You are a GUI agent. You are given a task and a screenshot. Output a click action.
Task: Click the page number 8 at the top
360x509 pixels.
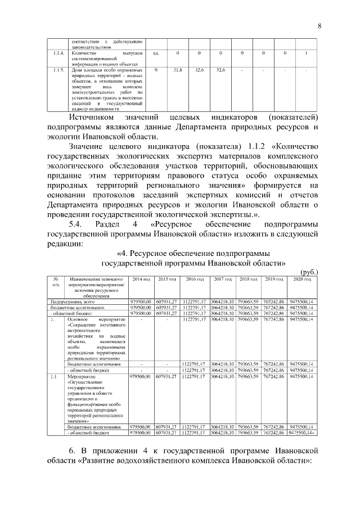(x=318, y=26)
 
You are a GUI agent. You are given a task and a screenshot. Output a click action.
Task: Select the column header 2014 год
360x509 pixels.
(x=141, y=280)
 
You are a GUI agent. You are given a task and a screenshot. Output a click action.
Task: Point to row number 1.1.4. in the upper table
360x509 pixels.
(x=56, y=53)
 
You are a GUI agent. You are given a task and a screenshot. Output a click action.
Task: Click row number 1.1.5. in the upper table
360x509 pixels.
(x=56, y=70)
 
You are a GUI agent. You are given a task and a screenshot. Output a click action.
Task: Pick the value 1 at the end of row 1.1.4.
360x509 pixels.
(x=305, y=53)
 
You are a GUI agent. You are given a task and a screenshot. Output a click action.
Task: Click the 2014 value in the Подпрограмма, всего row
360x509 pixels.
(x=140, y=301)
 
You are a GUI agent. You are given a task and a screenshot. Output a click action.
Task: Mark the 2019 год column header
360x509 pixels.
(x=274, y=280)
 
